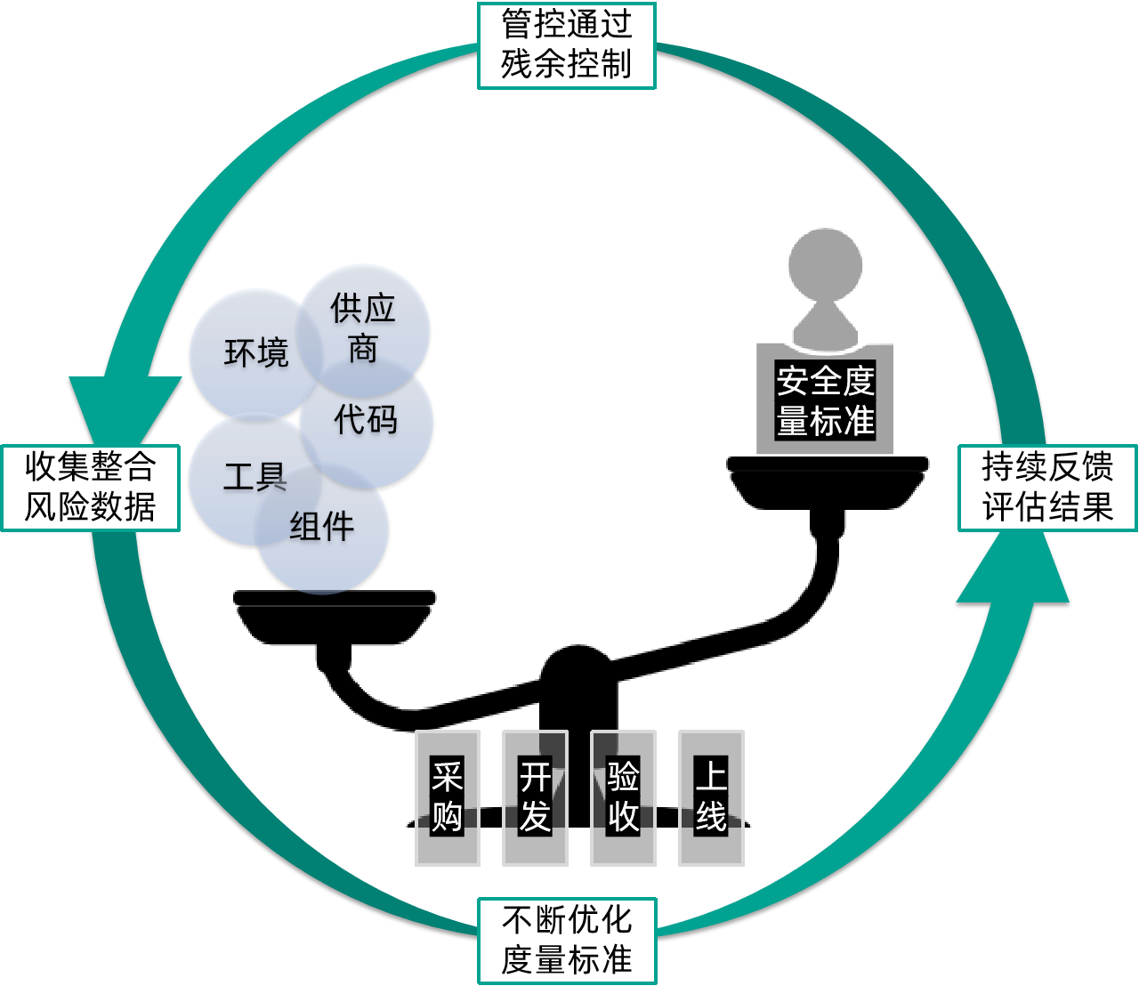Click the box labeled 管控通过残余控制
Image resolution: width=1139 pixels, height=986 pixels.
click(x=567, y=45)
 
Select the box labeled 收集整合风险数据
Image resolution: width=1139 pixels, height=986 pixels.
click(x=91, y=488)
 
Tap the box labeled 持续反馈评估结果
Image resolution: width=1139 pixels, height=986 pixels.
click(x=1047, y=488)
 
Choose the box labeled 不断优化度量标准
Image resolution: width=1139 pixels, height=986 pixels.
click(x=567, y=941)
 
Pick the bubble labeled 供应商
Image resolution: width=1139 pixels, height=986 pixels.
click(x=363, y=327)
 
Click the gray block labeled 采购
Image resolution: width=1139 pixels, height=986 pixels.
click(x=448, y=797)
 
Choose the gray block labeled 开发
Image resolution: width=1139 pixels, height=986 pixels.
click(x=535, y=797)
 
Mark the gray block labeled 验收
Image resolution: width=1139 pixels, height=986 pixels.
click(x=623, y=797)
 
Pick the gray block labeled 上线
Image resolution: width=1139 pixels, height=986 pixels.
click(x=711, y=797)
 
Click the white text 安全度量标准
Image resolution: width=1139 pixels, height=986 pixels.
click(x=826, y=401)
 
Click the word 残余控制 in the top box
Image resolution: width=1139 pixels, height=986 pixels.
click(x=567, y=65)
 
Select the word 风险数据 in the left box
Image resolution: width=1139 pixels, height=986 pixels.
click(x=91, y=507)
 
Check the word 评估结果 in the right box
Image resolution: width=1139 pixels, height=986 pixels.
click(x=1047, y=507)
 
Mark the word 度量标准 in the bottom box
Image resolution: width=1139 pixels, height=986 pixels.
click(x=567, y=960)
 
